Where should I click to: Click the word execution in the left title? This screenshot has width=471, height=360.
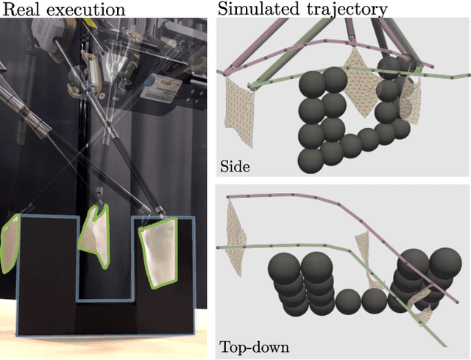click(87, 10)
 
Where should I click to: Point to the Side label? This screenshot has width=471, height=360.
click(235, 166)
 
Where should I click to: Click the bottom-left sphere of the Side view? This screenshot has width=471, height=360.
click(312, 159)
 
